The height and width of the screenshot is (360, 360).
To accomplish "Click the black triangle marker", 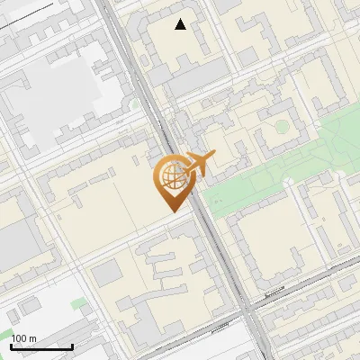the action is pyautogui.click(x=181, y=24).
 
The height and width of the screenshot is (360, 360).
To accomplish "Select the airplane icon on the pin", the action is pyautogui.click(x=200, y=163).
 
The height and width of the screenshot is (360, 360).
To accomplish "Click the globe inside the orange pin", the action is pyautogui.click(x=172, y=176).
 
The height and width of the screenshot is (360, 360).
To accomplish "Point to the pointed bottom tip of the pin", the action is pyautogui.click(x=173, y=210).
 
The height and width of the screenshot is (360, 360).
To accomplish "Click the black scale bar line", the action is pyautogui.click(x=41, y=346).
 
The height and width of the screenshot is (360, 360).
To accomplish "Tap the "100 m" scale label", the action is pyautogui.click(x=23, y=338).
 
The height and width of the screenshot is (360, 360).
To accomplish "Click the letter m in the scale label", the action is pyautogui.click(x=32, y=338).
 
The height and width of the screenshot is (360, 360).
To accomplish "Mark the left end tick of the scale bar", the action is pyautogui.click(x=11, y=345).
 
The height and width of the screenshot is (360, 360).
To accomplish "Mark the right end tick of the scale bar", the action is pyautogui.click(x=72, y=345).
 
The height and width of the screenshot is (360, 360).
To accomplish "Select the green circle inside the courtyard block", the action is pyautogui.click(x=282, y=127).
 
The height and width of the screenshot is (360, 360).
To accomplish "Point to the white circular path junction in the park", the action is pyautogui.click(x=290, y=182).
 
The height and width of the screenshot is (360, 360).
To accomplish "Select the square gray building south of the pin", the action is pyautogui.click(x=106, y=273).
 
